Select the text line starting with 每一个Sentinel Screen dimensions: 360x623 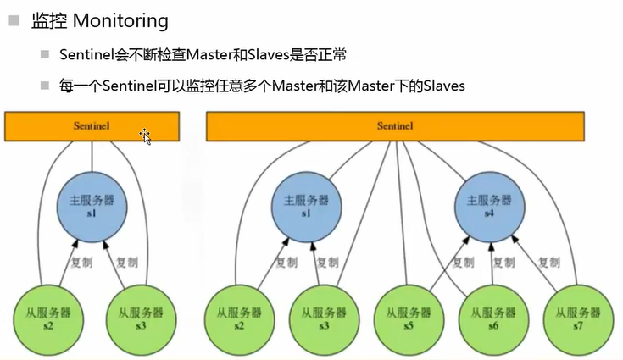point(262,86)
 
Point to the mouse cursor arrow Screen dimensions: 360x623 point(145,136)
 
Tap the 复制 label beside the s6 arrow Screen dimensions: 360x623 point(514,261)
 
